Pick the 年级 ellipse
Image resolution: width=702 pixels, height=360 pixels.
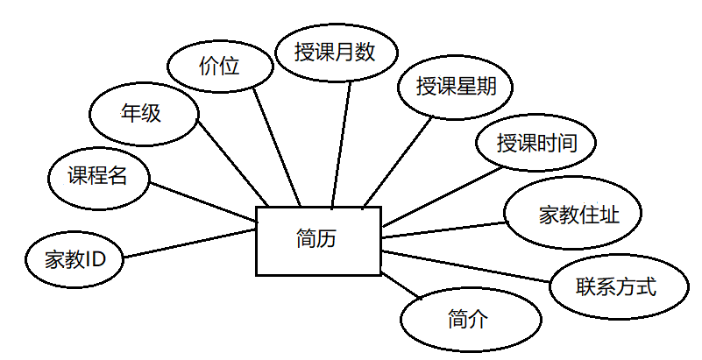coord(143,114)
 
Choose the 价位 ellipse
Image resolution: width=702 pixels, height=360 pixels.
coord(219,67)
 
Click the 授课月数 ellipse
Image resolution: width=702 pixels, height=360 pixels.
coord(335,53)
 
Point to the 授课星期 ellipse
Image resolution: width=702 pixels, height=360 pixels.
coord(451,87)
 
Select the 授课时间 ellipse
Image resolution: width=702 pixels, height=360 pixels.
coord(535,143)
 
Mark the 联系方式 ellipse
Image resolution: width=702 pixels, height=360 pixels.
coord(616,286)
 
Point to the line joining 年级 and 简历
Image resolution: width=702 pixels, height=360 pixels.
coord(232,161)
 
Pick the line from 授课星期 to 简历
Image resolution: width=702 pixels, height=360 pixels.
coord(398,160)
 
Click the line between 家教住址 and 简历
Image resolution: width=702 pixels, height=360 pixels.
coord(445,229)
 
